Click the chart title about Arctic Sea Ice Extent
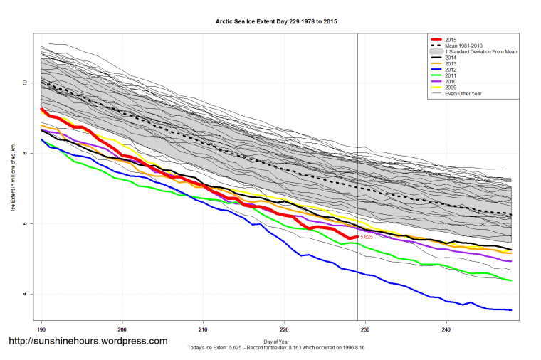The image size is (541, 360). [276, 22]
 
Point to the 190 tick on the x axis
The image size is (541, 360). [42, 330]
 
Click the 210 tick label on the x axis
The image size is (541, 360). [204, 330]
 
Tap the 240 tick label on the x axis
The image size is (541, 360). [446, 330]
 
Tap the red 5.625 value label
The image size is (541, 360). [367, 236]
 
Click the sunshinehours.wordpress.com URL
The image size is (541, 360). [88, 341]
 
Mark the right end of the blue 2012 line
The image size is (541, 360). [511, 309]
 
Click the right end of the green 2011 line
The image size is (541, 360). [511, 280]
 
